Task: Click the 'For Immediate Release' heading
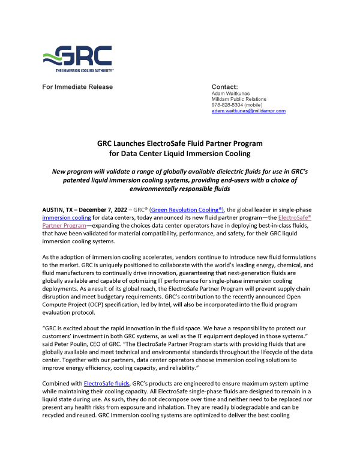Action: click(77, 87)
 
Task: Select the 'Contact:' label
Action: click(225, 87)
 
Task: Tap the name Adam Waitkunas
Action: click(230, 94)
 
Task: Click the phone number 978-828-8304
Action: click(229, 105)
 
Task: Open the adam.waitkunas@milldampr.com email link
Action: click(248, 111)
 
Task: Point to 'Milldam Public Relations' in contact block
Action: click(239, 99)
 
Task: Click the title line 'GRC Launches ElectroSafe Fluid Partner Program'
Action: click(180, 144)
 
